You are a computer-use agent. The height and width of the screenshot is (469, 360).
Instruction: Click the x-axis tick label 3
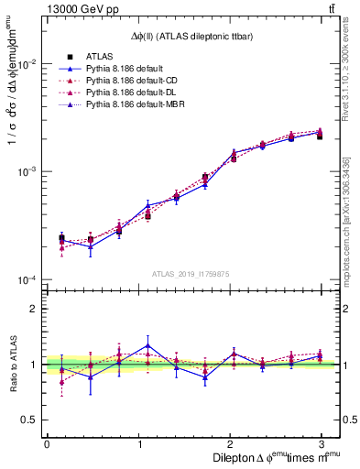[321, 443]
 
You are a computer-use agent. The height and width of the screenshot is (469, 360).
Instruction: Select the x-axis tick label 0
[47, 443]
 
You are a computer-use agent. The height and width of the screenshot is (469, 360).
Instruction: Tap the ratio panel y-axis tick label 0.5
[30, 420]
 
